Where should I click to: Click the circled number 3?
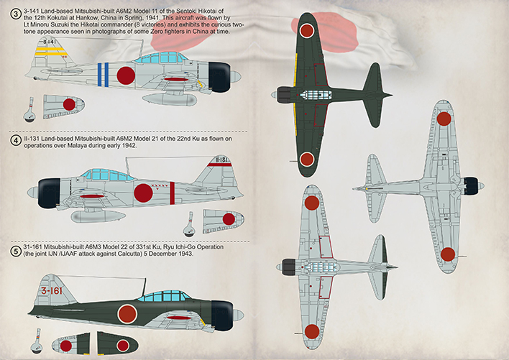[15, 14]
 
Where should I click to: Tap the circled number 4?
[16, 141]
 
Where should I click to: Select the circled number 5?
[16, 251]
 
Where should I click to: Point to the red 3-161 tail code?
[52, 290]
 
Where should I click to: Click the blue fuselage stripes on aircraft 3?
[104, 75]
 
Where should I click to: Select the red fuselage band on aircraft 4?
[172, 193]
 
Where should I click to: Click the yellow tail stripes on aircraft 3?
[50, 51]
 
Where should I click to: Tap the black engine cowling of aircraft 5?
[222, 315]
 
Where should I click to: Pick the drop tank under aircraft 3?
[169, 99]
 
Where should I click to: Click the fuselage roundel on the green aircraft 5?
[127, 314]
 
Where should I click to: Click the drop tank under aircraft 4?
[98, 216]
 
